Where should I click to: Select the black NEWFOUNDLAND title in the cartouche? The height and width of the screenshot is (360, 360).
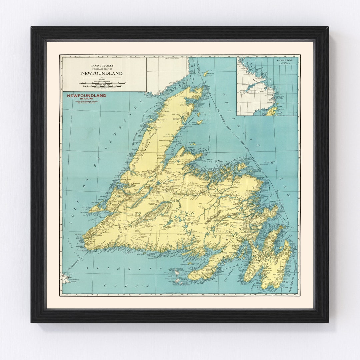[101, 73]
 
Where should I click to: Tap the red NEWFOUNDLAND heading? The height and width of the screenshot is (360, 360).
[86, 96]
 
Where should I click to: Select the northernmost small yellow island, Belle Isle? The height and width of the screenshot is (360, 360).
[206, 73]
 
